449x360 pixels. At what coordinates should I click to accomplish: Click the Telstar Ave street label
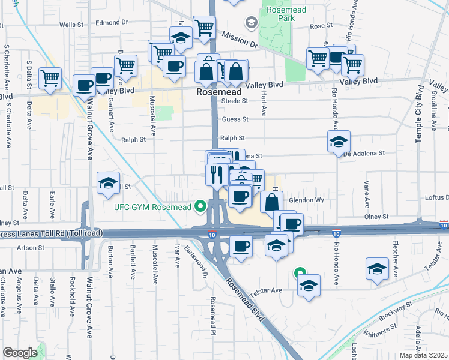point(267,290)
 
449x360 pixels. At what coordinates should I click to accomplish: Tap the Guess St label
point(235,119)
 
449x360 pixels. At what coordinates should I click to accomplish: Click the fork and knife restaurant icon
point(215,173)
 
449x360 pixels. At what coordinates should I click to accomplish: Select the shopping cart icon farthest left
point(50,77)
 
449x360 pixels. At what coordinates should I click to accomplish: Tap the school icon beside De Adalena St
point(339,142)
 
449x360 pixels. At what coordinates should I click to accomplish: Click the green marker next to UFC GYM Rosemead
point(200,207)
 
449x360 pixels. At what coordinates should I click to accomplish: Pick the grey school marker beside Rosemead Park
point(251,23)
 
